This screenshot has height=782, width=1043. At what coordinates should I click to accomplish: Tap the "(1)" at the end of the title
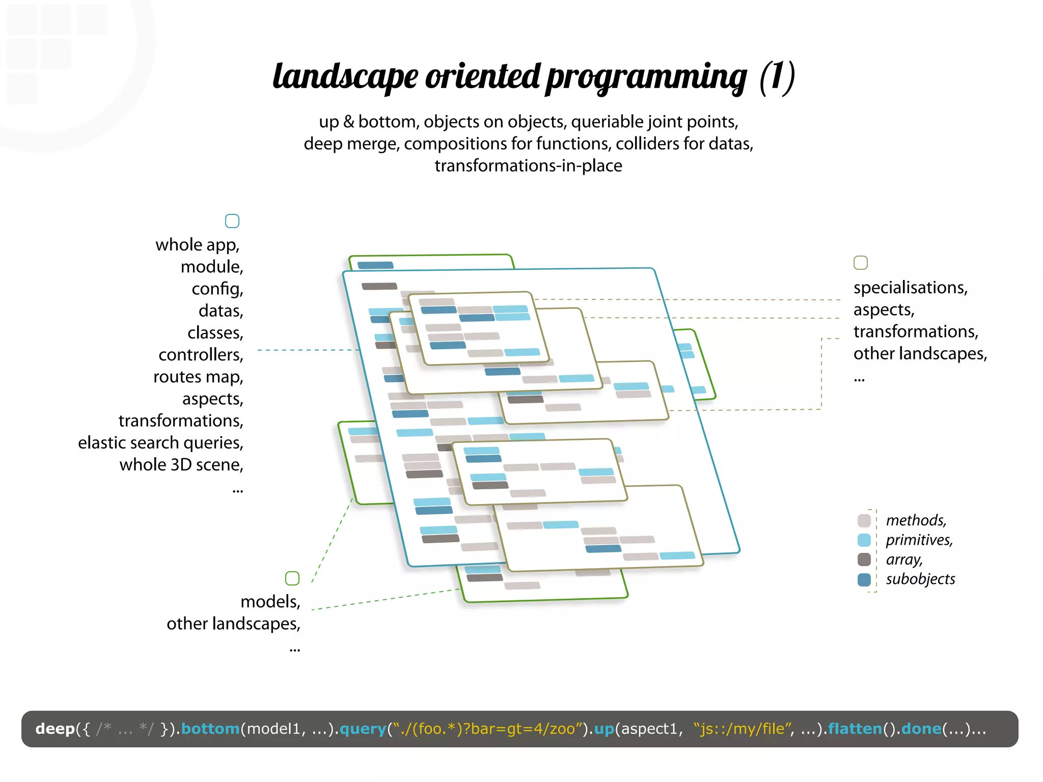pyautogui.click(x=777, y=76)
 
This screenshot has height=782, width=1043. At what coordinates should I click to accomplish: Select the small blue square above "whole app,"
pyautogui.click(x=232, y=221)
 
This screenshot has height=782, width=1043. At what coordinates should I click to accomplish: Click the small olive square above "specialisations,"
pyautogui.click(x=860, y=263)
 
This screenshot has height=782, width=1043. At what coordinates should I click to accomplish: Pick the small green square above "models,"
pyautogui.click(x=292, y=578)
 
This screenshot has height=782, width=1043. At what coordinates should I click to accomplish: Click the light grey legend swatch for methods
pyautogui.click(x=864, y=520)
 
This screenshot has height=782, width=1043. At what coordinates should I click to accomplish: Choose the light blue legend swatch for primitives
pyautogui.click(x=864, y=540)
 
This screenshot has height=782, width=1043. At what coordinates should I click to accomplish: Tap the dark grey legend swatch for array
pyautogui.click(x=864, y=560)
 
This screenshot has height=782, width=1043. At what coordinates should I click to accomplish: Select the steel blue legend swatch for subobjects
pyautogui.click(x=864, y=579)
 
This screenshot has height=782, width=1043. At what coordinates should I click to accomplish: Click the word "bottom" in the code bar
pyautogui.click(x=210, y=729)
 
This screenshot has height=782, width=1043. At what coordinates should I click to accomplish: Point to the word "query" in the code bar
pyautogui.click(x=363, y=729)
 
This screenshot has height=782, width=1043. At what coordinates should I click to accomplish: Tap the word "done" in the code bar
pyautogui.click(x=921, y=729)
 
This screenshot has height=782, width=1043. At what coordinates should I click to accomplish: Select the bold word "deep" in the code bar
pyautogui.click(x=55, y=729)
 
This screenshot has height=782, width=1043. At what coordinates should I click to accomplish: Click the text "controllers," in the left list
pyautogui.click(x=201, y=355)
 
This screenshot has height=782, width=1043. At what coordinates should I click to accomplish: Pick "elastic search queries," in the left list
pyautogui.click(x=160, y=443)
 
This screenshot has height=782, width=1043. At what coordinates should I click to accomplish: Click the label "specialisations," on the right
pyautogui.click(x=910, y=288)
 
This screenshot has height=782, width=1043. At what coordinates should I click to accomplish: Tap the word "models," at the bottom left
pyautogui.click(x=270, y=602)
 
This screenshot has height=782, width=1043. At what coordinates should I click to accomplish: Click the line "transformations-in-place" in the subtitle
pyautogui.click(x=528, y=166)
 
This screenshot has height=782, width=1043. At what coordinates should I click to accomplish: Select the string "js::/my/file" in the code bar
pyautogui.click(x=741, y=729)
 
